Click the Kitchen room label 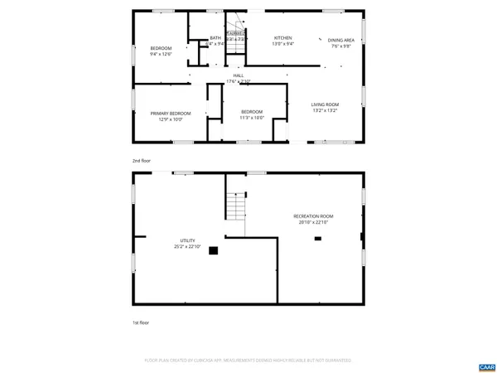[283, 38]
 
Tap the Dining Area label [341, 40]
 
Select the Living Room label [325, 104]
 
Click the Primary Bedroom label [170, 113]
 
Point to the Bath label [215, 37]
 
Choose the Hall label [239, 75]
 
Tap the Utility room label [188, 240]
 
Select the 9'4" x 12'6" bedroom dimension [160, 55]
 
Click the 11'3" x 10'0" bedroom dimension [252, 118]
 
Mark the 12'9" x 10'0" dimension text [170, 119]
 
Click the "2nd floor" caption [142, 160]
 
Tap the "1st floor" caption [142, 322]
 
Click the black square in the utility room [214, 249]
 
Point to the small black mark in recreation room [316, 239]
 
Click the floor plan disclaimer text [248, 361]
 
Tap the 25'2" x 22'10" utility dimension [188, 246]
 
